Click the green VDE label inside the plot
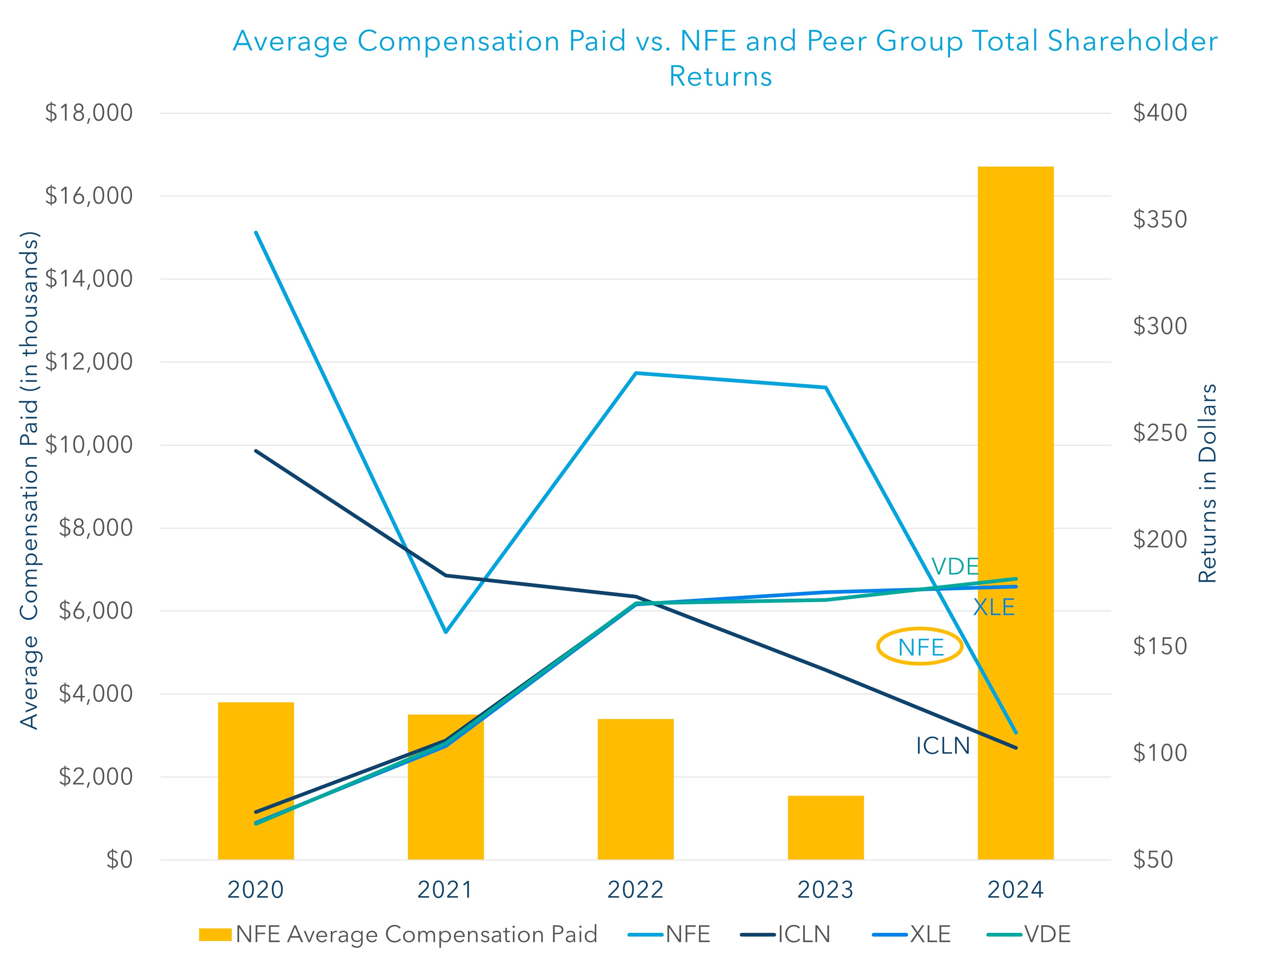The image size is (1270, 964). coord(954,567)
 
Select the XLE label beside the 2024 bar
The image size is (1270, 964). coord(993,607)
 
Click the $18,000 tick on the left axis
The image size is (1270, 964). coord(89,113)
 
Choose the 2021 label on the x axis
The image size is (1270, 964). coord(445,889)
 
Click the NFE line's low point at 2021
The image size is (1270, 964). coord(446,631)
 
